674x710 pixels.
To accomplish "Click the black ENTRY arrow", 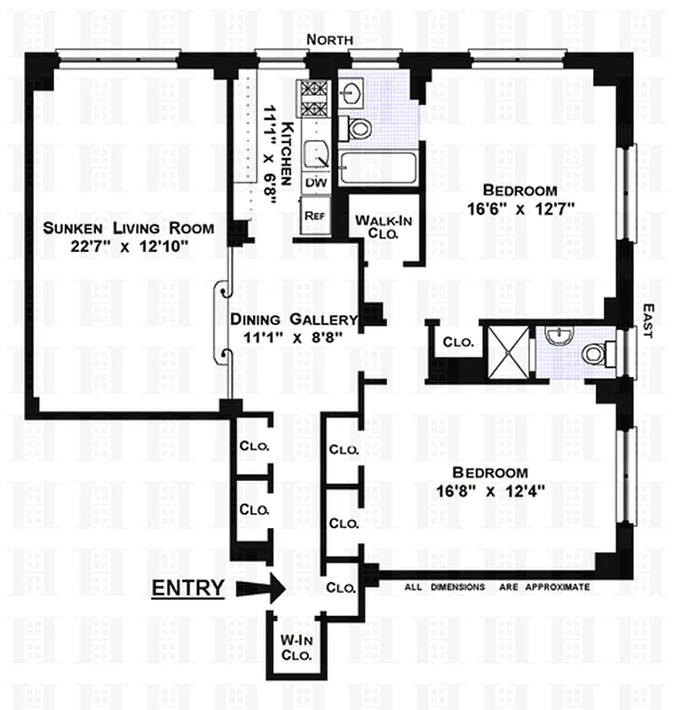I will (263, 587).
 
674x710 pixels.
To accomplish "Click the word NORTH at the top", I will (330, 40).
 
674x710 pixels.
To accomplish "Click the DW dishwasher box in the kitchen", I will (316, 182).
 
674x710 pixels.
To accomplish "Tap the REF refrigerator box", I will (313, 215).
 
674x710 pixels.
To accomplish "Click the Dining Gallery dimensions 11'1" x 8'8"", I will (294, 336).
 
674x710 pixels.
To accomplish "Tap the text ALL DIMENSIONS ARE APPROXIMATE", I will (497, 588).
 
